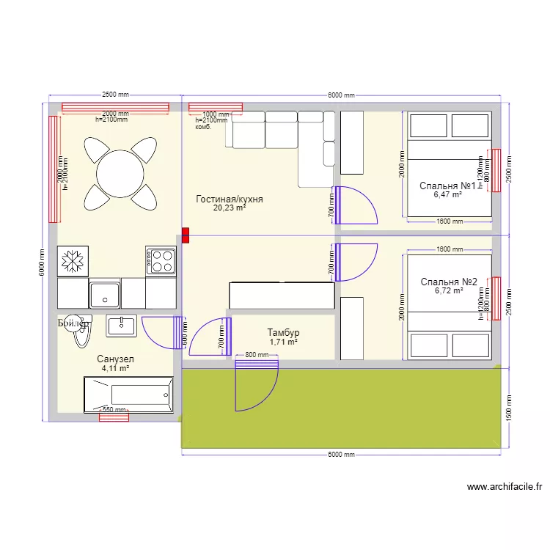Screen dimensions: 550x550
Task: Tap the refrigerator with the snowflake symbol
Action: pos(73,260)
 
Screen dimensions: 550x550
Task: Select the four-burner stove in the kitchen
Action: pos(161,260)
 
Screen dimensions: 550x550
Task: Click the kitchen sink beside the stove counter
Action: pos(105,294)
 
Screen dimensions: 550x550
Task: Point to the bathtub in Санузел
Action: pos(128,395)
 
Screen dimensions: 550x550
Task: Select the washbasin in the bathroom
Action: pos(121,325)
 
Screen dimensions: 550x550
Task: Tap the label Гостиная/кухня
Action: pos(230,199)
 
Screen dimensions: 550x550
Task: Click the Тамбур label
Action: pos(283,333)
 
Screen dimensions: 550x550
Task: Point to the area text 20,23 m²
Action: pos(230,208)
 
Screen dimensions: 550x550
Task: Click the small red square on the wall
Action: pos(186,235)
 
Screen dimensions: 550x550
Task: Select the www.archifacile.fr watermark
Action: pos(504,486)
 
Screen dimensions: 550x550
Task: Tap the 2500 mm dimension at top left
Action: pos(115,95)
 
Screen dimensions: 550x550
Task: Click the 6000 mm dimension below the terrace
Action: pos(341,455)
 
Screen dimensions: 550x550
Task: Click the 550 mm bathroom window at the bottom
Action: pos(114,417)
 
